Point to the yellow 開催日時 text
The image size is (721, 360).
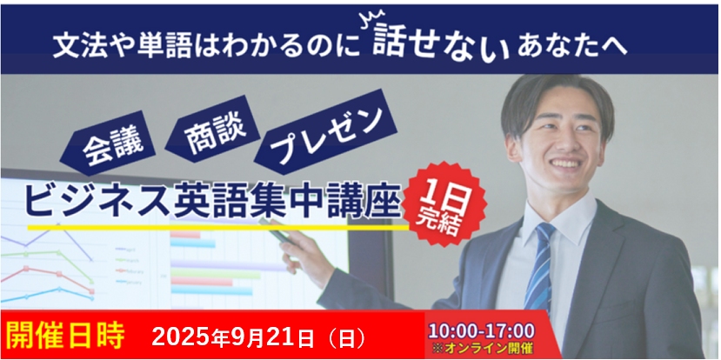click(66, 337)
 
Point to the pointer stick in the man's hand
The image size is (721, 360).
click(276, 230)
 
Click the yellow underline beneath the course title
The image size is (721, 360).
click(218, 227)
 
